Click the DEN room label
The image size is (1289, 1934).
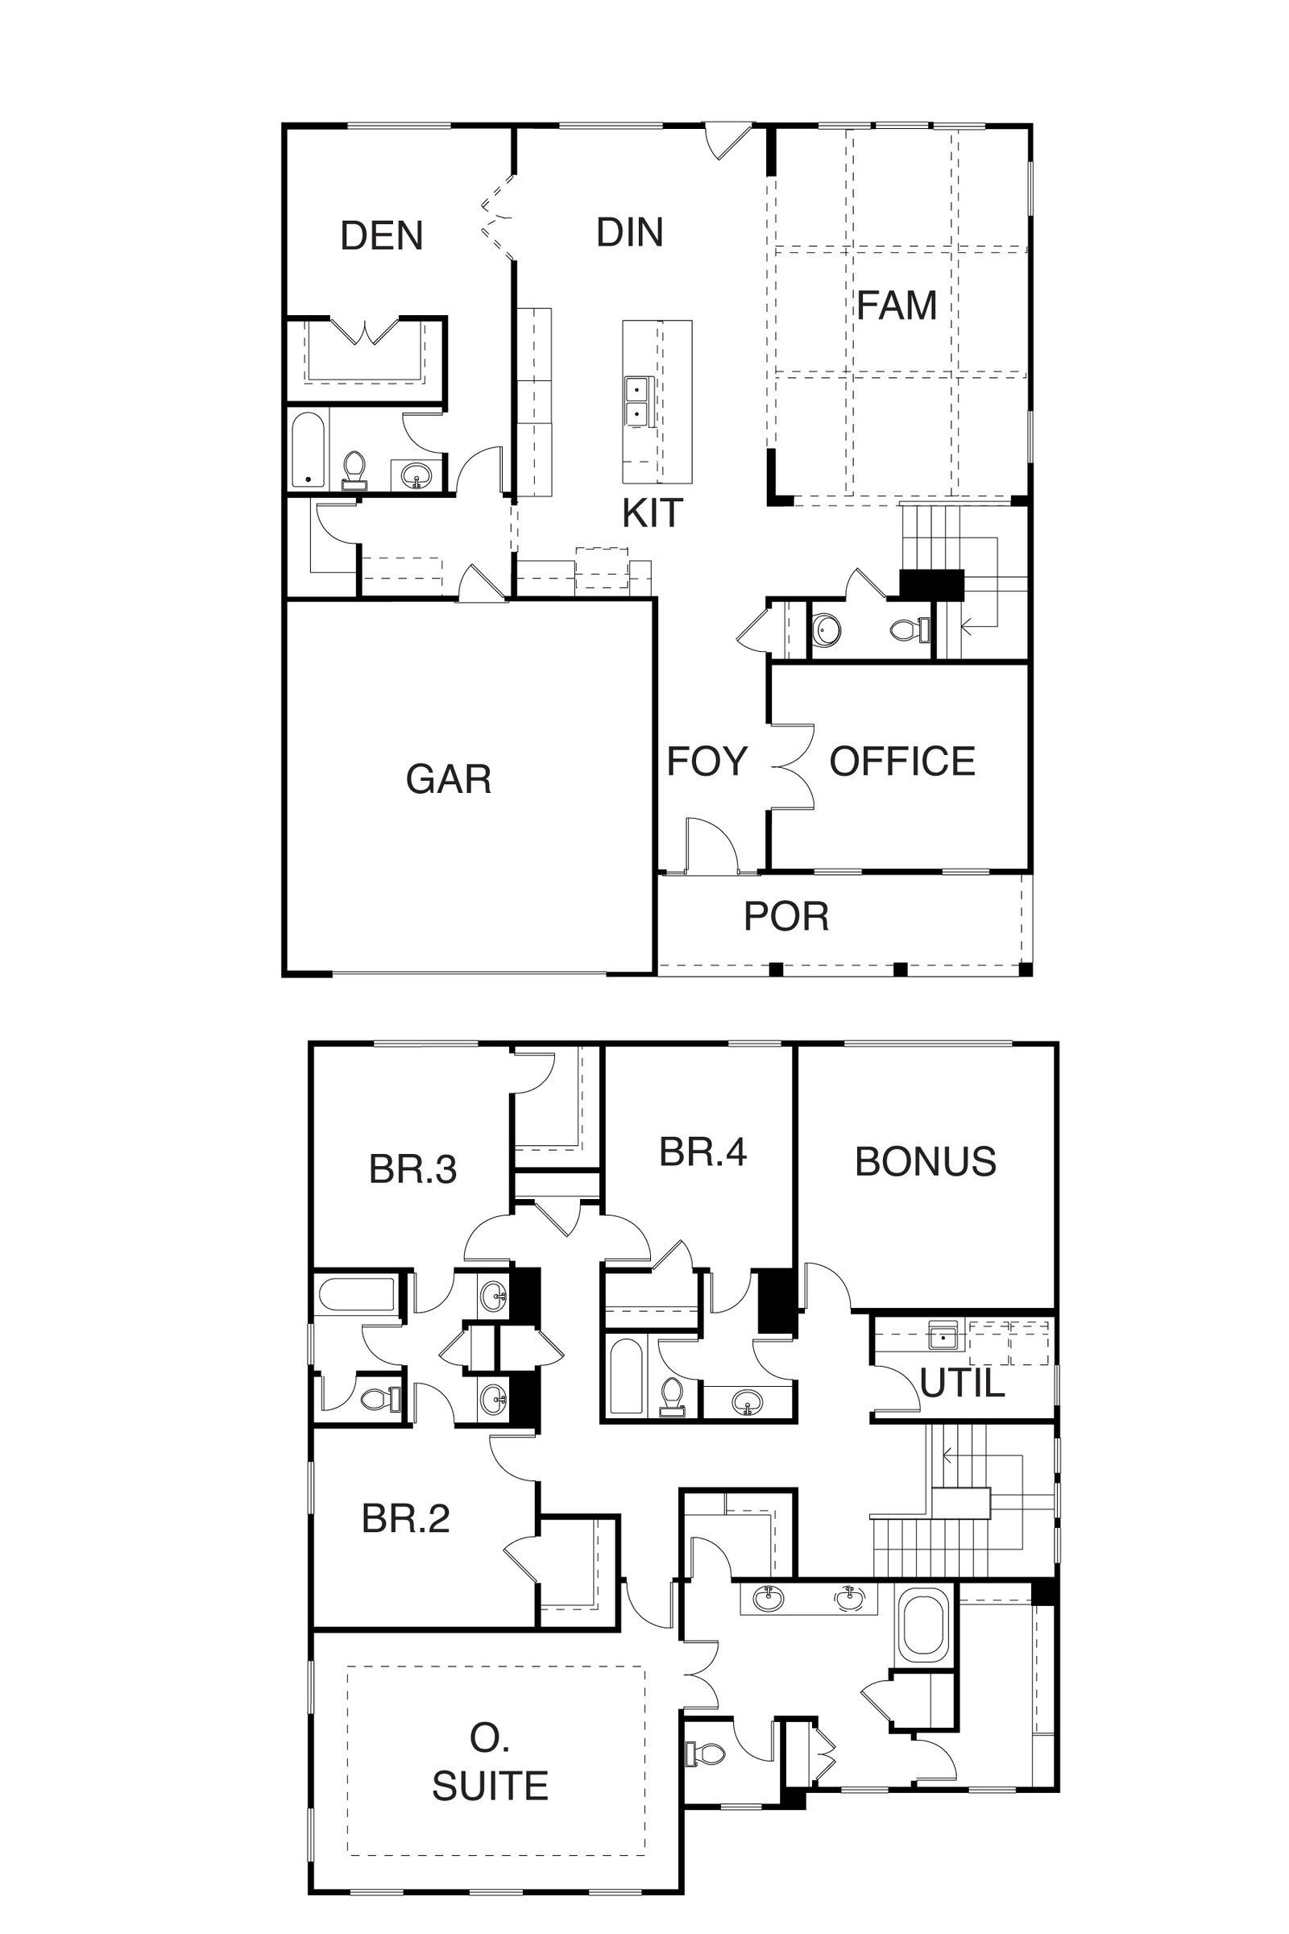coord(381,236)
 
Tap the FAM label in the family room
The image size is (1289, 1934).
coord(897,306)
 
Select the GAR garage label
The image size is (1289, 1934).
coord(449,778)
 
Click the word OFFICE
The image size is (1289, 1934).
coord(902,762)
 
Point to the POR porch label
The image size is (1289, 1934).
coord(787,916)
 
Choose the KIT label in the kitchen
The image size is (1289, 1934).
coord(653,514)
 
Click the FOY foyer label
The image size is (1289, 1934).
coord(707,762)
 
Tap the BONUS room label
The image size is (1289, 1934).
coord(926,1162)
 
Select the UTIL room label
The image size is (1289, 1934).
coord(963,1384)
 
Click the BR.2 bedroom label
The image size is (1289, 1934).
coord(406,1519)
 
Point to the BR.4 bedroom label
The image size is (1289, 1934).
coord(703,1152)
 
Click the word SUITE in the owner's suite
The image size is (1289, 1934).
coord(491,1785)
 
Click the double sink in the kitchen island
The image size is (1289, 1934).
coord(636,401)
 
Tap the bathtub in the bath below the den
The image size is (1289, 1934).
coord(309,449)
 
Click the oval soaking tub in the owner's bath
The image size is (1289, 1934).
coord(925,1623)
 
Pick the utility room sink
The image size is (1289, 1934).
coord(943,1336)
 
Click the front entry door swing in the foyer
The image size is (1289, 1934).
coord(711,844)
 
